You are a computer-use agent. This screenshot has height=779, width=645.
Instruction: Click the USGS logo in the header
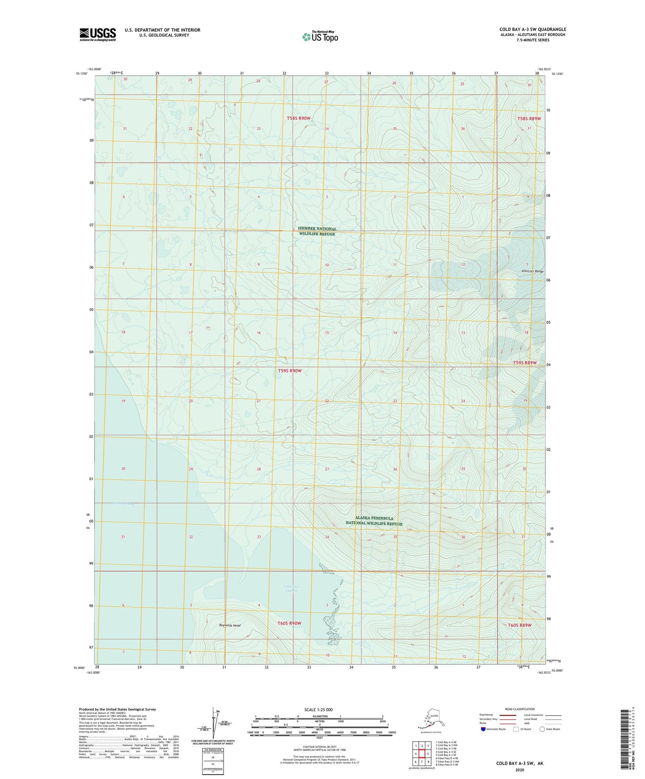click(98, 34)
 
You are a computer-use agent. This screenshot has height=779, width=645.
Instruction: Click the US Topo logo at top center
click(320, 36)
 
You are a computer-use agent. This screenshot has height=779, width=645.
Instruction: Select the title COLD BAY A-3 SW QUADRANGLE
click(533, 29)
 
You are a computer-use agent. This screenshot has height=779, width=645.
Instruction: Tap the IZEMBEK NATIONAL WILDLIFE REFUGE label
click(317, 231)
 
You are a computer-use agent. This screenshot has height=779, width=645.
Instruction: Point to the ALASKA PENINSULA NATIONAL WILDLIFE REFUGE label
click(375, 521)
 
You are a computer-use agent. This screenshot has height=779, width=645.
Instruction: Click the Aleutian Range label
click(532, 271)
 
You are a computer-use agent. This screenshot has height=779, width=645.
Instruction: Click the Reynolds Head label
click(229, 625)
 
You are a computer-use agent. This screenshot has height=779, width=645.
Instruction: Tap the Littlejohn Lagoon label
click(291, 588)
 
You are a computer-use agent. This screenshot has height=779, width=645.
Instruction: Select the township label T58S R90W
click(298, 118)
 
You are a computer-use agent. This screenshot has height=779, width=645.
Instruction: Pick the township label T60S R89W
click(519, 625)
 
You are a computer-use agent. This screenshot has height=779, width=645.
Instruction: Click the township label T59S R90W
click(290, 371)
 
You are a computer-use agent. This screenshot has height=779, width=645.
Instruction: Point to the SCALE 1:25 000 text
click(319, 709)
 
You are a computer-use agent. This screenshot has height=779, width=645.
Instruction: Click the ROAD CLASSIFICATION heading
click(520, 709)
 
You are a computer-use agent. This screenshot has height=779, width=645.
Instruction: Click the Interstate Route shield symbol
click(483, 729)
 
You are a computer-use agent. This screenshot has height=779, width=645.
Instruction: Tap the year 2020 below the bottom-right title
click(520, 770)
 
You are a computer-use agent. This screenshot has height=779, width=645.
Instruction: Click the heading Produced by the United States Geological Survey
click(117, 709)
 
